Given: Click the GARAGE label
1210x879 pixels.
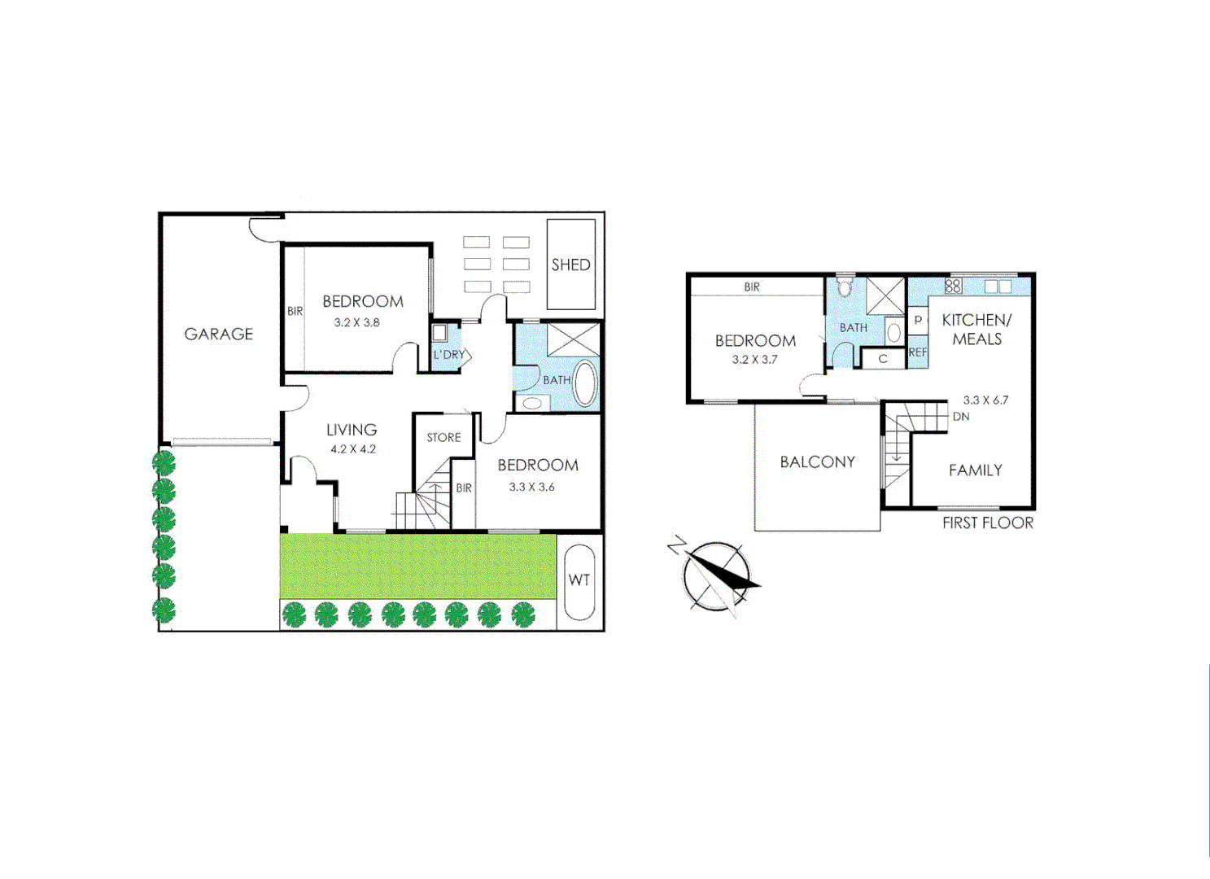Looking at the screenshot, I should [218, 334].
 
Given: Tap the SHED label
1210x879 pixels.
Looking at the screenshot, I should [570, 265].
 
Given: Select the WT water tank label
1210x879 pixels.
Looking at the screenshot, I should [579, 579].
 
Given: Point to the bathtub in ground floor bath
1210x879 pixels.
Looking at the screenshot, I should [584, 383].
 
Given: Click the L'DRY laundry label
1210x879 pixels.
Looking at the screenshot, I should [448, 355].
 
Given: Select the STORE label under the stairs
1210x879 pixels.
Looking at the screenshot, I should [443, 437].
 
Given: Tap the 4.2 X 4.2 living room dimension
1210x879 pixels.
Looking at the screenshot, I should [352, 449].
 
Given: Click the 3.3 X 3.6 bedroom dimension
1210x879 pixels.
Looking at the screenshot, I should [531, 487].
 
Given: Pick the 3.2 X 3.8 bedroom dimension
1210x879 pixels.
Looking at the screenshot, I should [356, 322].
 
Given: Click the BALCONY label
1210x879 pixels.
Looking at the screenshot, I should [817, 461].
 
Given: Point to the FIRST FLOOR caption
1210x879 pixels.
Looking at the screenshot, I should [987, 523].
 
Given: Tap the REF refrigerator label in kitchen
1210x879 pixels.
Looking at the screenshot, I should [917, 352].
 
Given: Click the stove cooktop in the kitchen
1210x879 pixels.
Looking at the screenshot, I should [953, 286].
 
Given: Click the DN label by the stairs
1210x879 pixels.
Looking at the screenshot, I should [960, 416].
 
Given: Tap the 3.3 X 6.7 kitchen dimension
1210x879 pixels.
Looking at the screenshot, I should [985, 400].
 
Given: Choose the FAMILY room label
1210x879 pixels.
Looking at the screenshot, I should [975, 470].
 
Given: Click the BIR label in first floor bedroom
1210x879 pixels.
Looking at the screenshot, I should [751, 286].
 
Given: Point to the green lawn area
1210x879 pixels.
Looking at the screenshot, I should [417, 566].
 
